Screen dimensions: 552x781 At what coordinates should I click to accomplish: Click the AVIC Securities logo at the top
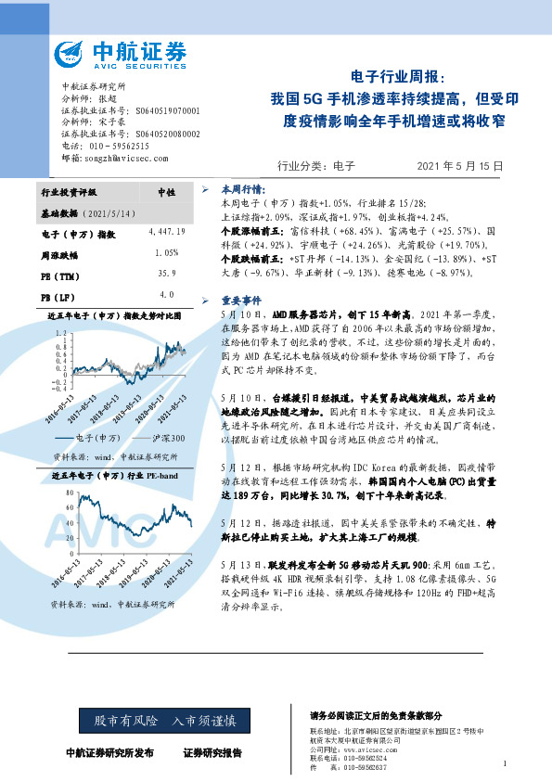[x=120, y=54]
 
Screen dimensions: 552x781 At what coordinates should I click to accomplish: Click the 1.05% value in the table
[x=167, y=252]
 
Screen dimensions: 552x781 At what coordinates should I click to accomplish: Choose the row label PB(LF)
[x=59, y=296]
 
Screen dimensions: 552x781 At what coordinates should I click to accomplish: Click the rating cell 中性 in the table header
[x=167, y=192]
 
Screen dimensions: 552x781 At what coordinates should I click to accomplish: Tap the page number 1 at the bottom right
[x=504, y=763]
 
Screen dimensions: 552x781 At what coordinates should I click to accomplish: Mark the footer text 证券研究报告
[x=212, y=752]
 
